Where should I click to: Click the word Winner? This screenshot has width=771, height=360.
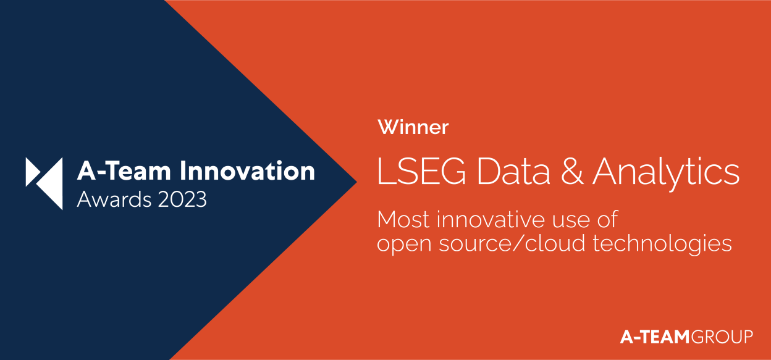click(413, 128)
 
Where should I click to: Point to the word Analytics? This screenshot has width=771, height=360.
click(666, 174)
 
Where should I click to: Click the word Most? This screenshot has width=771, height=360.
click(402, 220)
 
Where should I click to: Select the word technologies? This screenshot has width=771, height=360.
click(662, 244)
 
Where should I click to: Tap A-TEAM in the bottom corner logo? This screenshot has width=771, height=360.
click(655, 337)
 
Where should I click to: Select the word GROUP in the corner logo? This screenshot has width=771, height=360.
click(722, 337)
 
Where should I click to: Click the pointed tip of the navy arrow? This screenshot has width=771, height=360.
click(355, 181)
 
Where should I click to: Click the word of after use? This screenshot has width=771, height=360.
click(605, 220)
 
